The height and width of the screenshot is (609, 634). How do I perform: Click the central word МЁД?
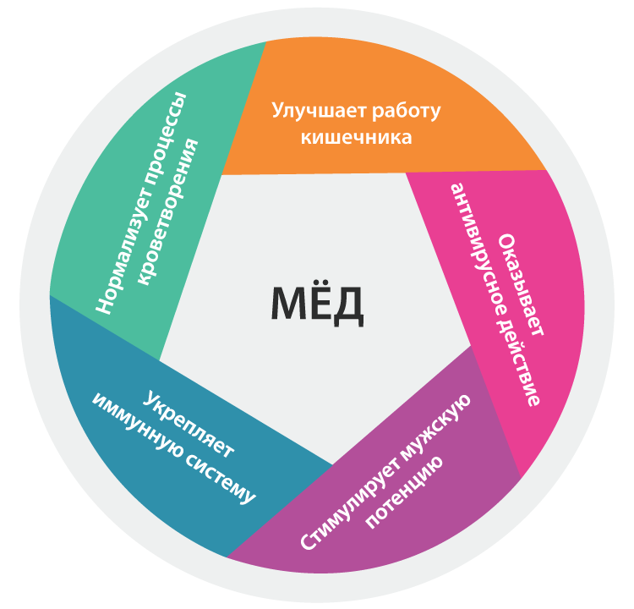pos(318,304)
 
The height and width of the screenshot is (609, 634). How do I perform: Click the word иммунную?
pos(135,424)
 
